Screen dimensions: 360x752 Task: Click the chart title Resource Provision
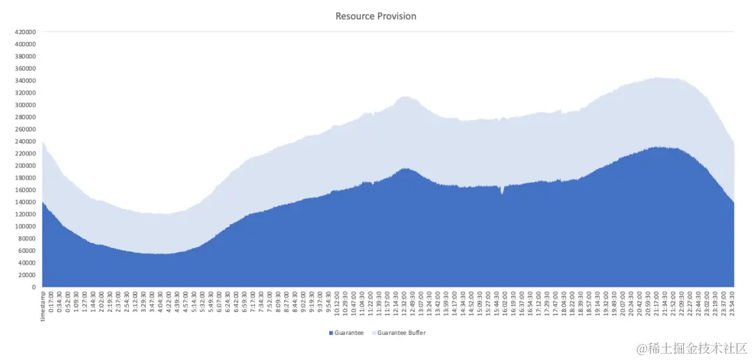coord(375,16)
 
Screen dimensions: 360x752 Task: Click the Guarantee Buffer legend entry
coord(401,333)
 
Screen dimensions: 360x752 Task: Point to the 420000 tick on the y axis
coord(25,32)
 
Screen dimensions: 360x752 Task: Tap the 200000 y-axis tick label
coord(25,166)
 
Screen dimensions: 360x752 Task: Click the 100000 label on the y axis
coord(25,226)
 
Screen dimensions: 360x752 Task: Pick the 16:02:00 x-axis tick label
coord(506,304)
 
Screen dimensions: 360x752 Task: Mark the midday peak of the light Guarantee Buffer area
coord(405,97)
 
